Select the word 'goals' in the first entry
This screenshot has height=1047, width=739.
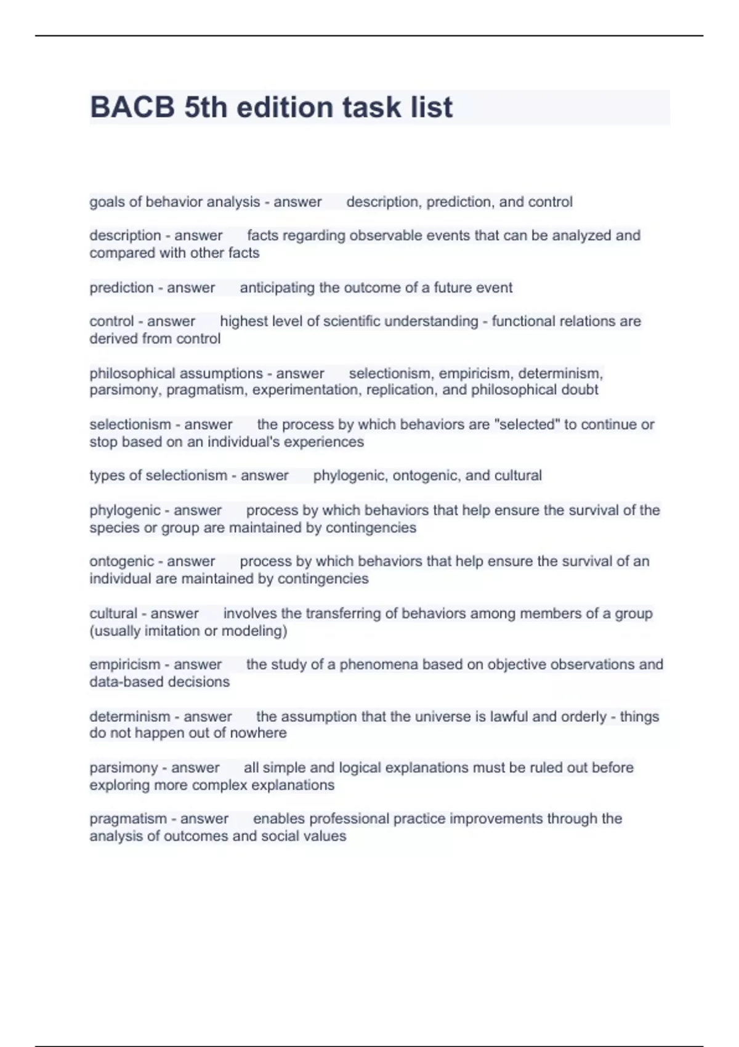(x=107, y=202)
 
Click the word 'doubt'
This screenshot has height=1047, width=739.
(x=579, y=390)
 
